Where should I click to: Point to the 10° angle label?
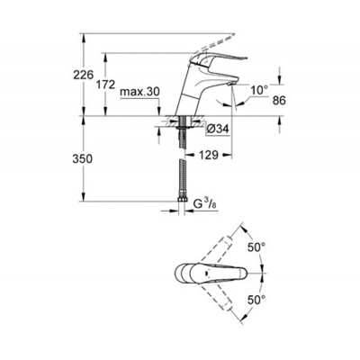point(259,89)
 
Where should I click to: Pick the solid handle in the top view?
point(220,273)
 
